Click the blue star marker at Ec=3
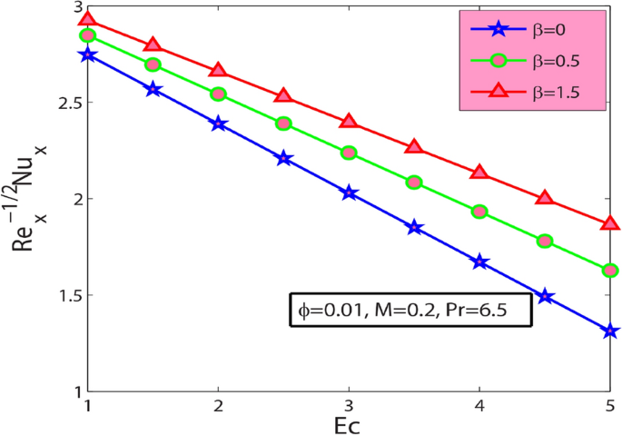tap(349, 193)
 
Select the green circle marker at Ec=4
tap(479, 212)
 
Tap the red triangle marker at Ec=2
tap(218, 71)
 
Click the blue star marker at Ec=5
tap(610, 331)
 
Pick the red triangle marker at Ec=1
tap(87, 20)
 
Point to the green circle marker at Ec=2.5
tap(283, 124)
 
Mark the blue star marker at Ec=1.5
tap(153, 89)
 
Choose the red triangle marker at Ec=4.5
tap(545, 198)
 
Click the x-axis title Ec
tap(349, 422)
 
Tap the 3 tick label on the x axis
tap(349, 403)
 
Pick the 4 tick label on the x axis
tap(479, 403)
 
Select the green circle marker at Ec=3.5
tap(414, 183)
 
